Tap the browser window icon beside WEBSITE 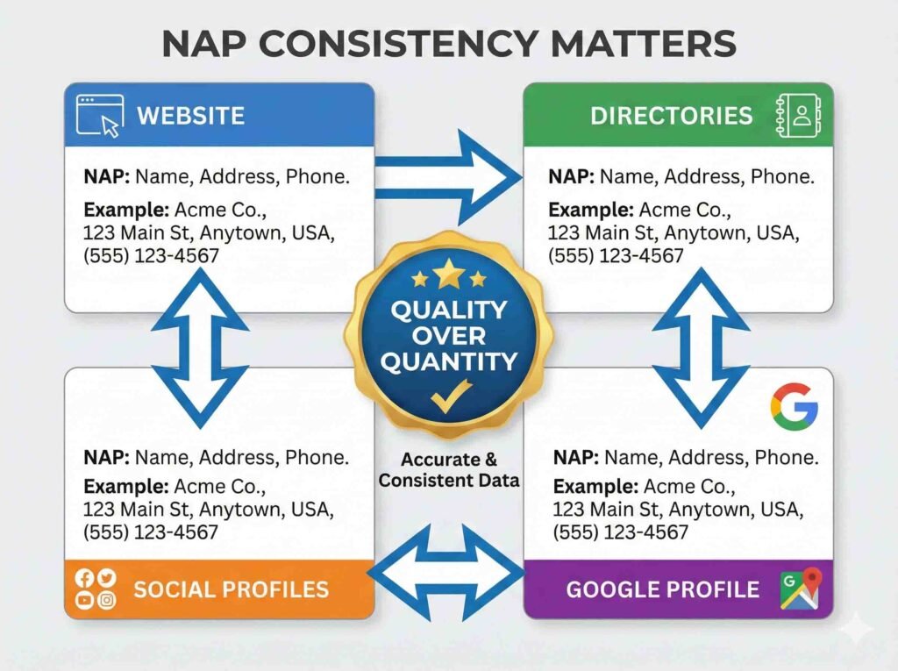98,115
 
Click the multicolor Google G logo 794,405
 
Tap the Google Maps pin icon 800,588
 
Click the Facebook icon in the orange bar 85,577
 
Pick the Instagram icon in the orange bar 106,600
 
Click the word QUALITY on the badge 449,310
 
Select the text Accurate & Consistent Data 449,470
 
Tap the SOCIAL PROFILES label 231,589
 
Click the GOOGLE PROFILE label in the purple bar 663,589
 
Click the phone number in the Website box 151,255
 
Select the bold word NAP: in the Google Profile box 576,458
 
